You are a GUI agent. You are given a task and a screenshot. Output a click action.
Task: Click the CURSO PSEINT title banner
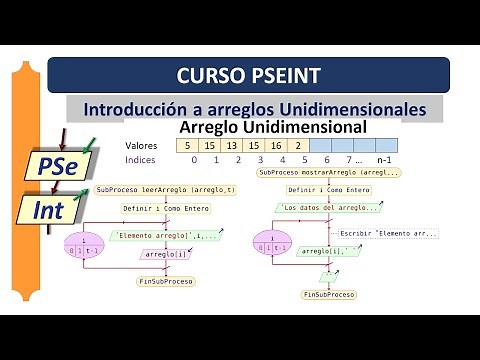[x=248, y=75]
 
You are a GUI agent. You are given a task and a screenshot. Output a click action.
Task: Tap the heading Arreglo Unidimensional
[x=272, y=128]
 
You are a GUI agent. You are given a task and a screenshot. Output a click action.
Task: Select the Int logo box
[x=49, y=209]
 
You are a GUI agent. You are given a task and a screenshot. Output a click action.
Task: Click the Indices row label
[x=140, y=160]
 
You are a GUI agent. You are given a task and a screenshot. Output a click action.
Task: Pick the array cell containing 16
[x=276, y=146]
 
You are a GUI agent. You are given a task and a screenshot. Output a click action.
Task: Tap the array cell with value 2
[x=298, y=146]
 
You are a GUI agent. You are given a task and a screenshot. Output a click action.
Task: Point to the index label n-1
[x=384, y=160]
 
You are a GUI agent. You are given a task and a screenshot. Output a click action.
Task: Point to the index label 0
[x=193, y=160]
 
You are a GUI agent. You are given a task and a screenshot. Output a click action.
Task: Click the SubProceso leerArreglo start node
[x=166, y=189]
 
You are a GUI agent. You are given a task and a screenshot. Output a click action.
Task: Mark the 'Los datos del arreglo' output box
[x=328, y=208]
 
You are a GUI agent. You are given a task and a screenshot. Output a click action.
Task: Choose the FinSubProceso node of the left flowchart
[x=165, y=282]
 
